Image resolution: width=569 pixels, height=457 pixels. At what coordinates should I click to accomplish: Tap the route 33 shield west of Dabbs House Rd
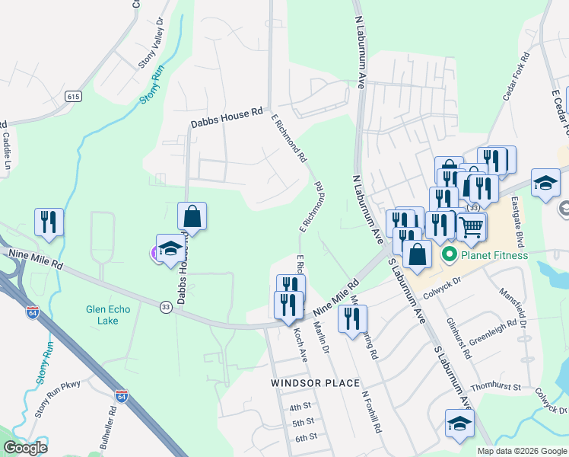pos(165,306)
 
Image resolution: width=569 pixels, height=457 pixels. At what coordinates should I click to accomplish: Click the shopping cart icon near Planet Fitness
pos(472,225)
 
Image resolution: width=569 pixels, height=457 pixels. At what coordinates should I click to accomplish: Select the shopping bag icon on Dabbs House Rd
pos(192,216)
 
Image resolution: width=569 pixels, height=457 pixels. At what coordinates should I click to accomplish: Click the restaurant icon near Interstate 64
pos(49,222)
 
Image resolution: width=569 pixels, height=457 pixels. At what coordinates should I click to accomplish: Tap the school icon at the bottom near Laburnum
pos(459,423)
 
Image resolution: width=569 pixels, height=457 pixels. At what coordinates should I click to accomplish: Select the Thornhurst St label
pos(495,388)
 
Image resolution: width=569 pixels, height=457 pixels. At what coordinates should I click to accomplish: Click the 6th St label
pos(306,437)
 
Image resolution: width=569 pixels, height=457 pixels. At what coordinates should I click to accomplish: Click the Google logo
pos(25,448)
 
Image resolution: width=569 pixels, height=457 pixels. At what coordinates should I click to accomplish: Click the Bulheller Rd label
pos(107,429)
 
